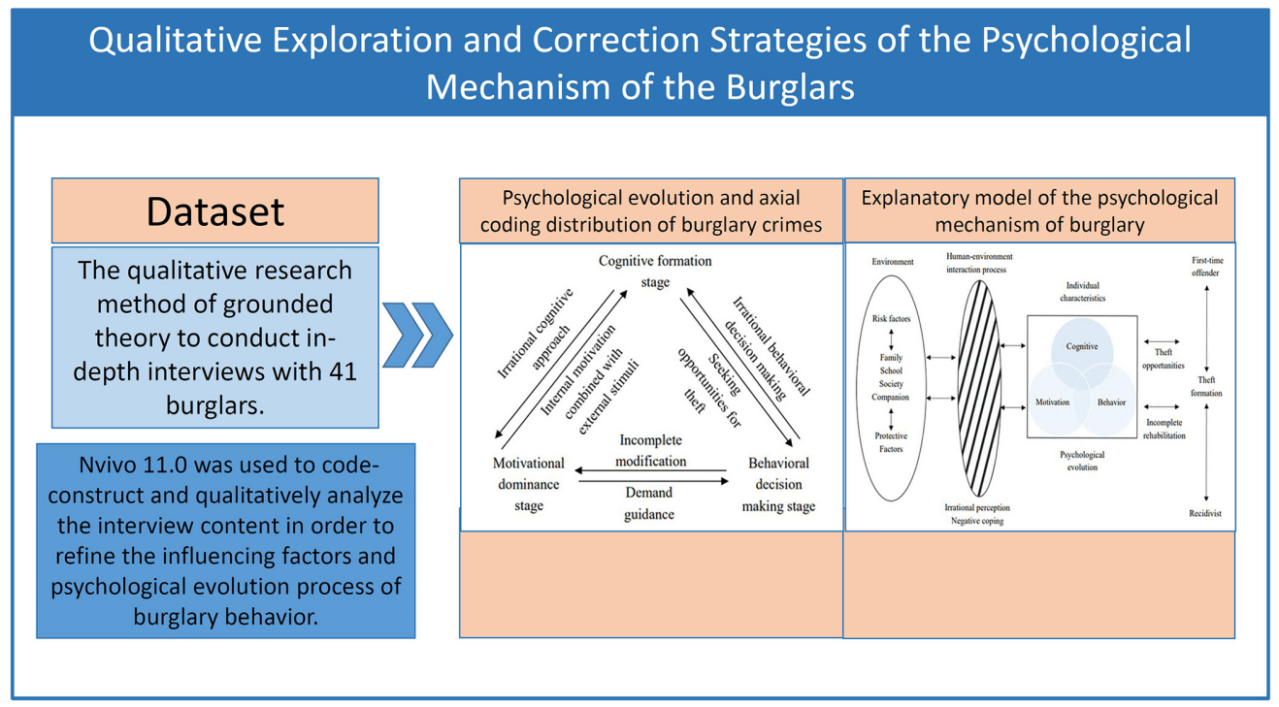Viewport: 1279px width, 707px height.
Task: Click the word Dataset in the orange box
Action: click(214, 211)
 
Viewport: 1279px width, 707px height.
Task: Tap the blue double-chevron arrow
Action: click(417, 335)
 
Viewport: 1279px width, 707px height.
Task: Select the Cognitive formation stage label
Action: click(655, 272)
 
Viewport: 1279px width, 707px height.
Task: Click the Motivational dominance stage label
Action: click(528, 484)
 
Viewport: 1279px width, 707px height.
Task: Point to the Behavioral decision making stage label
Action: click(778, 484)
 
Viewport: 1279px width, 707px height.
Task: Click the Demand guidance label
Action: click(648, 503)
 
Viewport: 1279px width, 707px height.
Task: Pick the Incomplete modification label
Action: click(651, 451)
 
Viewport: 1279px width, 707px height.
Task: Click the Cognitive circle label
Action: click(1082, 346)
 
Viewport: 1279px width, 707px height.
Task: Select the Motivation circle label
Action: click(1052, 402)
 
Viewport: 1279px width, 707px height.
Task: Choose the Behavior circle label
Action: click(1112, 402)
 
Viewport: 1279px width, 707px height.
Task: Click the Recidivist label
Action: click(1205, 513)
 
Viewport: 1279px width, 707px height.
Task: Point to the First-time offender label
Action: click(1205, 267)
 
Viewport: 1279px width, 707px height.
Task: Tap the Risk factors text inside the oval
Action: click(891, 319)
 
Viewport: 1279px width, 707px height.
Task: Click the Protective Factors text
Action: click(891, 442)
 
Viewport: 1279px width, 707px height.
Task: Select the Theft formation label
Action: click(1206, 386)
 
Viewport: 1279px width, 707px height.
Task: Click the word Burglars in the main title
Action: click(789, 86)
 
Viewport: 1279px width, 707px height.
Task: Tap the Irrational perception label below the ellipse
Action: click(977, 507)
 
